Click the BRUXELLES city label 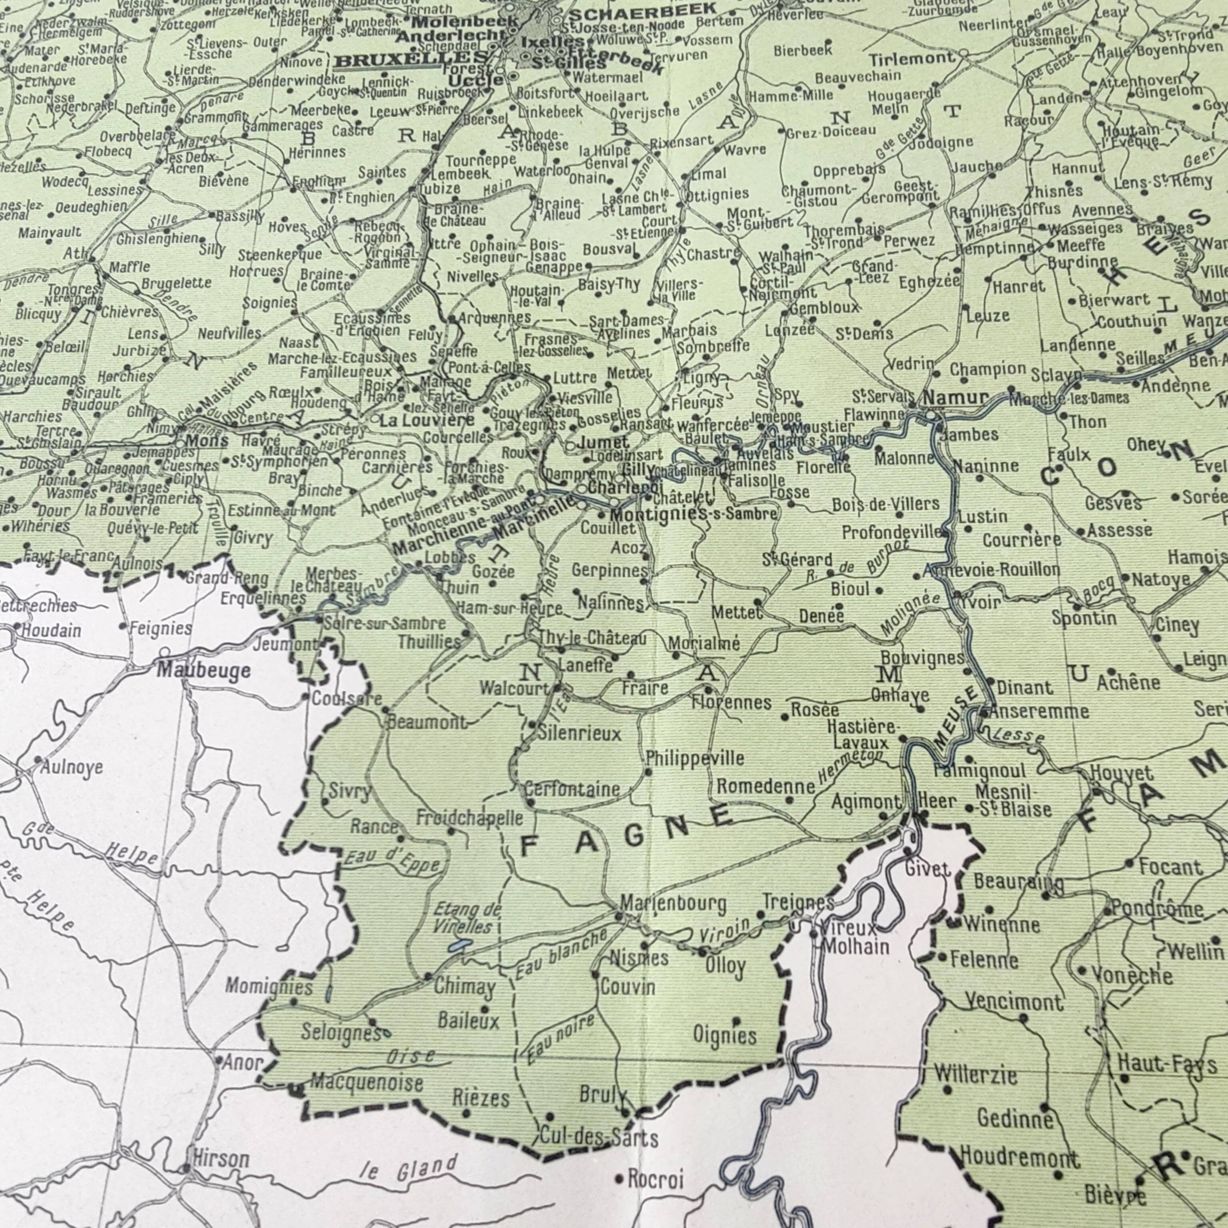coord(411,61)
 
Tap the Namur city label coord(955,398)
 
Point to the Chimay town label coord(464,987)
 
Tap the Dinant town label coord(1025,688)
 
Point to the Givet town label coord(927,869)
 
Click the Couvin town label coord(627,987)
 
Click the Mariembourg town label coord(673,903)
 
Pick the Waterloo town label coord(542,171)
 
